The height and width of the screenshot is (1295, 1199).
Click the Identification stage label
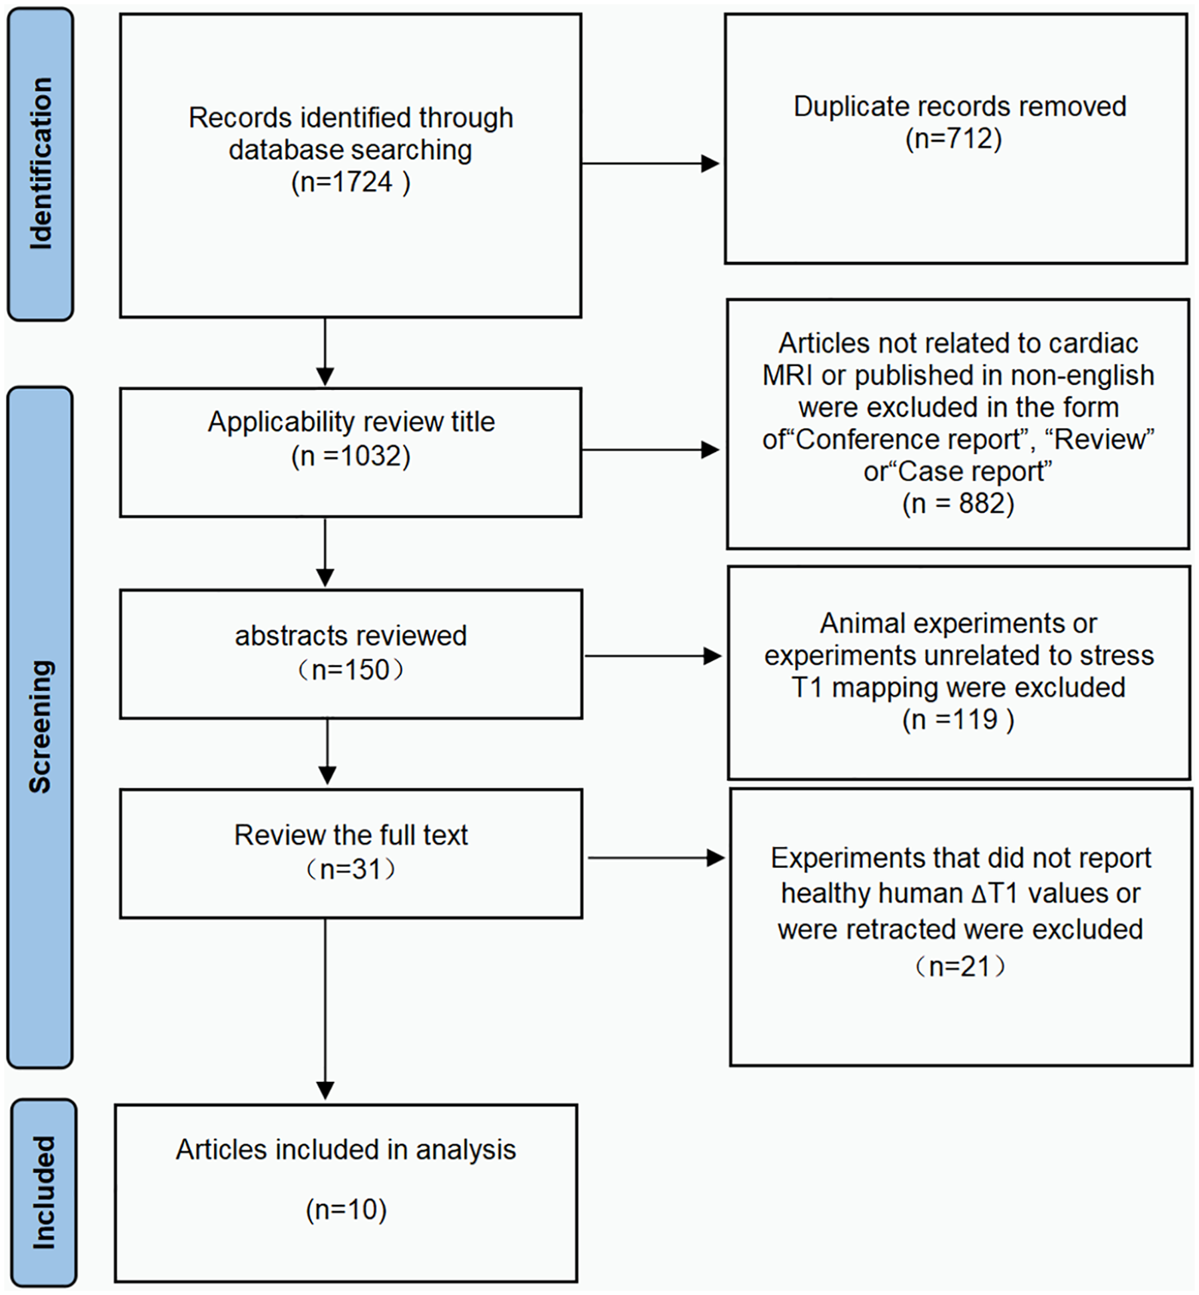tap(40, 164)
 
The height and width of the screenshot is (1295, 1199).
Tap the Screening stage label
tap(40, 727)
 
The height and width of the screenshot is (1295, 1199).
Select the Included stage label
tap(43, 1193)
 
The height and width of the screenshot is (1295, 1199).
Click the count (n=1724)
tap(351, 182)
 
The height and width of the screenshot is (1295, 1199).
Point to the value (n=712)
tap(953, 138)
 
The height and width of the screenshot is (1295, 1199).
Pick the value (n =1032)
tap(351, 455)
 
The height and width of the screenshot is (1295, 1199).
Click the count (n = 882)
tap(958, 503)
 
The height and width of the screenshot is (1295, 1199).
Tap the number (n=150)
tap(351, 669)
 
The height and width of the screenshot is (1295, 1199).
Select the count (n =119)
tap(958, 719)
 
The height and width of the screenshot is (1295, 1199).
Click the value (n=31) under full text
tap(351, 869)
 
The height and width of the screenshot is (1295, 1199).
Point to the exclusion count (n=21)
tap(960, 966)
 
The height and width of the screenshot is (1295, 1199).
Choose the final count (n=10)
tap(346, 1210)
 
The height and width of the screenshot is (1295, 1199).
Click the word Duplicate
tap(846, 107)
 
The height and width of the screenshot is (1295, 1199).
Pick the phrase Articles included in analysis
tap(346, 1150)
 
